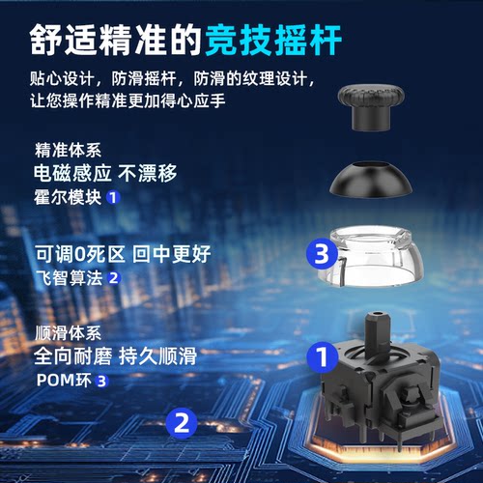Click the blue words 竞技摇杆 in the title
pos(281,38)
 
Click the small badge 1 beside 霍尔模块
pos(113,198)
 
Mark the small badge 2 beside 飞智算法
pos(113,278)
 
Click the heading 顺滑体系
pos(65,333)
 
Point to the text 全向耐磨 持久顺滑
pos(115,356)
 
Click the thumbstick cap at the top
pos(371,106)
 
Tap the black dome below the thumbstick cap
pos(371,179)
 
